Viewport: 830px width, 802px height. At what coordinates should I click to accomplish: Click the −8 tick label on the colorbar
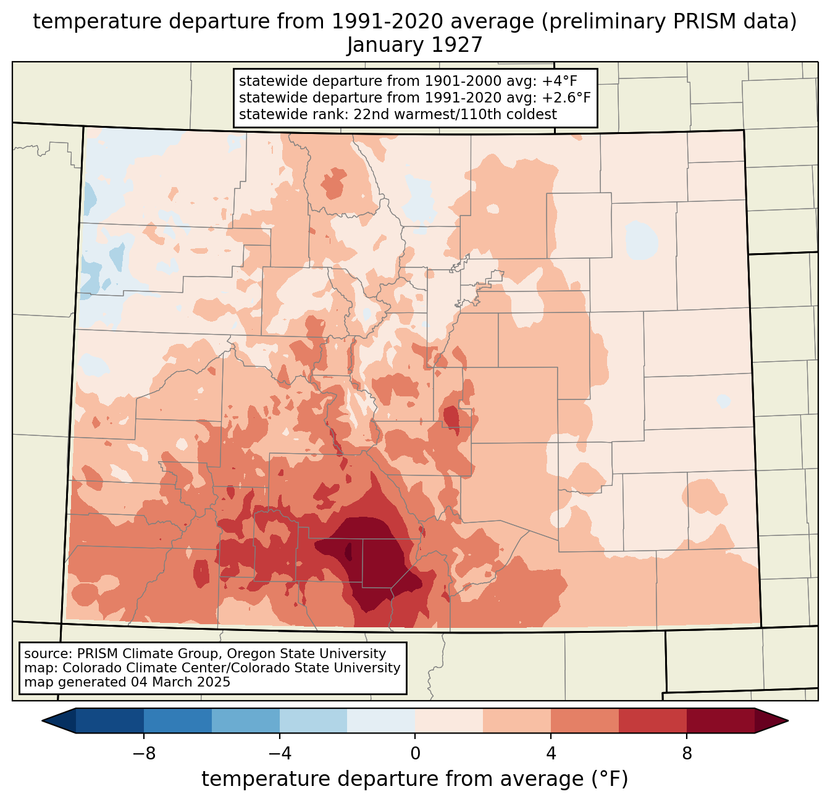click(144, 754)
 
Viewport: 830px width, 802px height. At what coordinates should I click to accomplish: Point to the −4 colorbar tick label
click(280, 754)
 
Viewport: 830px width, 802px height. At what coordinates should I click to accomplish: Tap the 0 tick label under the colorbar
click(415, 754)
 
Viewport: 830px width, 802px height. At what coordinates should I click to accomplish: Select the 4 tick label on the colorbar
click(551, 754)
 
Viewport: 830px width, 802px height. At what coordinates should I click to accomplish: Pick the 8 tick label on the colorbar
click(687, 754)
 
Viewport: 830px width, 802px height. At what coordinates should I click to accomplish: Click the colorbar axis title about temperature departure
click(414, 779)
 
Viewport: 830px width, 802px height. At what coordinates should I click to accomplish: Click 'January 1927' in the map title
click(414, 45)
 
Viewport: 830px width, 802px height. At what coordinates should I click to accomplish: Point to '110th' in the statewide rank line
click(484, 114)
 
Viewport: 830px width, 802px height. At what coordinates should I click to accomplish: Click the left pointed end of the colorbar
click(42, 721)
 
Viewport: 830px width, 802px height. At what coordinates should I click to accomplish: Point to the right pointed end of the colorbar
click(788, 721)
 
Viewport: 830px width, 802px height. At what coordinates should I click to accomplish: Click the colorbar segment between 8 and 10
click(721, 721)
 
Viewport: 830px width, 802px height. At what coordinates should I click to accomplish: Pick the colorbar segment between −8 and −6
click(178, 721)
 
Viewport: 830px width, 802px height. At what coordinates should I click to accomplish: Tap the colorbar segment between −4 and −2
click(314, 721)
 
